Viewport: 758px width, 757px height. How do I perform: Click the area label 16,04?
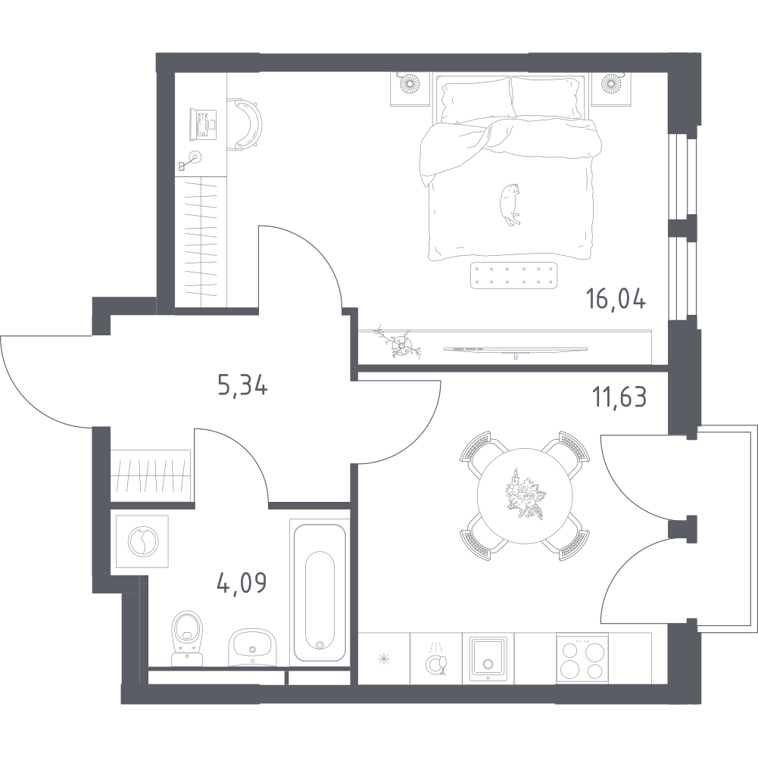(616, 301)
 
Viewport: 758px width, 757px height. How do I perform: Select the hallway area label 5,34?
(244, 389)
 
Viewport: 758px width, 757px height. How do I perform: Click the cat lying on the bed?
(509, 204)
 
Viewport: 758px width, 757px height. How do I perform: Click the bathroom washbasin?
(252, 648)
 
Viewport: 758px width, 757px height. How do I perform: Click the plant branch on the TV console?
(399, 344)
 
